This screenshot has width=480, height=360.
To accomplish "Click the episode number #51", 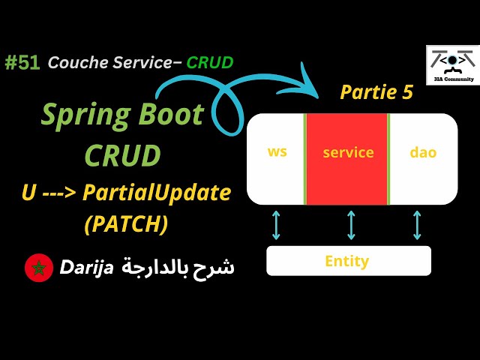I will [x=22, y=63].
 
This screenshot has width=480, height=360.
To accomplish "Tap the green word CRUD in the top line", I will [x=210, y=63].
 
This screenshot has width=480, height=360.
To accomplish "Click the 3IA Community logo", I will [x=452, y=65].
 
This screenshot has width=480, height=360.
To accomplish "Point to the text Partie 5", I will [x=376, y=92].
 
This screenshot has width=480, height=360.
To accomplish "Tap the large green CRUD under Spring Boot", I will [x=122, y=155].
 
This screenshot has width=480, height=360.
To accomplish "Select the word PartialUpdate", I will [x=156, y=193].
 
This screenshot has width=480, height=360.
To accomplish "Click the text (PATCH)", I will [x=125, y=223].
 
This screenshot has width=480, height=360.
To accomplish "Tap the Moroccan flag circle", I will [x=37, y=268].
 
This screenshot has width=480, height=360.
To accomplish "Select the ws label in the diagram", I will [x=277, y=151].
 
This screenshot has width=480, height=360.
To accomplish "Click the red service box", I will [x=347, y=158].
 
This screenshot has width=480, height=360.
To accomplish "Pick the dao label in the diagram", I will [x=422, y=152].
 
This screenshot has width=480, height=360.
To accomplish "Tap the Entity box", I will [x=348, y=261].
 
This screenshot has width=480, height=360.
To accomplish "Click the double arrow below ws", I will [x=276, y=225].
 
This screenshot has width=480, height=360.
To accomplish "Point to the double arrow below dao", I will [x=417, y=225].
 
